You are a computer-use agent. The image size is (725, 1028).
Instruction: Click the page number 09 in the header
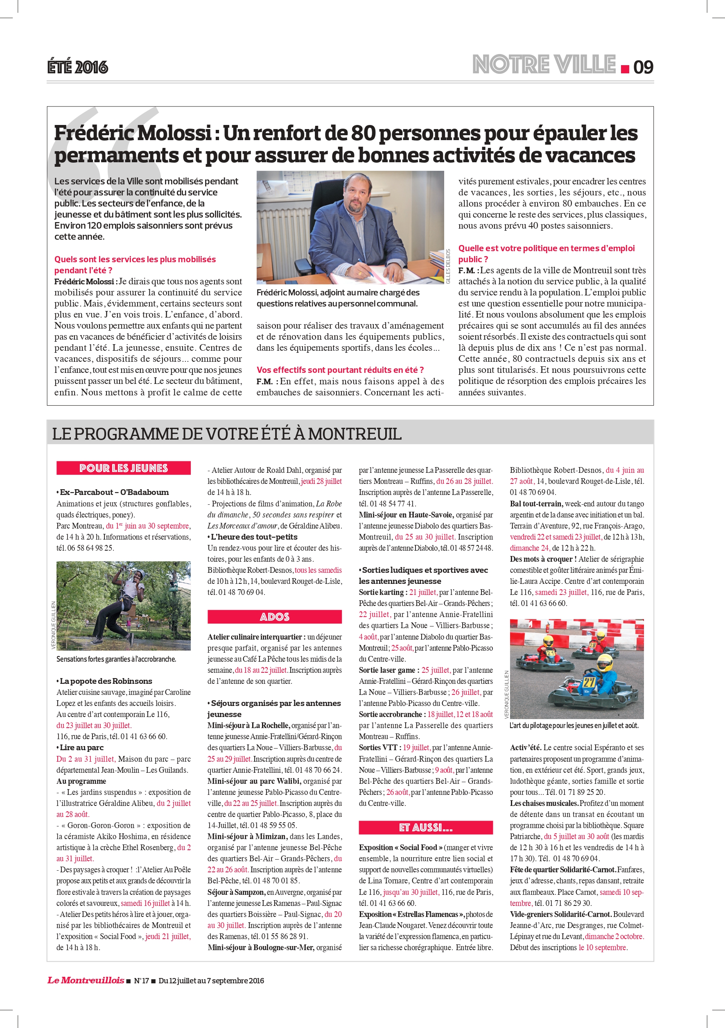[x=643, y=67]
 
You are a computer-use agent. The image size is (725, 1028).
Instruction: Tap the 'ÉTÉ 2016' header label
[x=78, y=67]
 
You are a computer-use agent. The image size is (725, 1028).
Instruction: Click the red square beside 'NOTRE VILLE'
[x=625, y=69]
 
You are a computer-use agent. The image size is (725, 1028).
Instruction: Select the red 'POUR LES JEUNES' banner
[x=124, y=468]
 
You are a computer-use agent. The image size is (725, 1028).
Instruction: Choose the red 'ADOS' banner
[x=274, y=617]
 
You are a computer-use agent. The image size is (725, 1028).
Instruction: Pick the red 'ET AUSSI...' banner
[x=425, y=827]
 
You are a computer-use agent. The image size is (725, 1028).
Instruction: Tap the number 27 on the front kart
[x=589, y=683]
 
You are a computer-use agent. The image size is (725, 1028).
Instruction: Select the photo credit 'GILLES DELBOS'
[x=448, y=266]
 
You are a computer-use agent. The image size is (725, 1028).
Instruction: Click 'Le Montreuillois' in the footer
[x=86, y=980]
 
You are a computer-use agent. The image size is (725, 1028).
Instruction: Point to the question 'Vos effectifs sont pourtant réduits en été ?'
[x=340, y=370]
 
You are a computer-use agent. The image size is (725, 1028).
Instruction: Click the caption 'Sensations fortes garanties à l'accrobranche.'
[x=116, y=659]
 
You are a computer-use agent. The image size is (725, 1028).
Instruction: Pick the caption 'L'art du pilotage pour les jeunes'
[x=574, y=726]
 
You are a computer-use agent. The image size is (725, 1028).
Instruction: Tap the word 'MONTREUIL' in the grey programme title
[x=354, y=434]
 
